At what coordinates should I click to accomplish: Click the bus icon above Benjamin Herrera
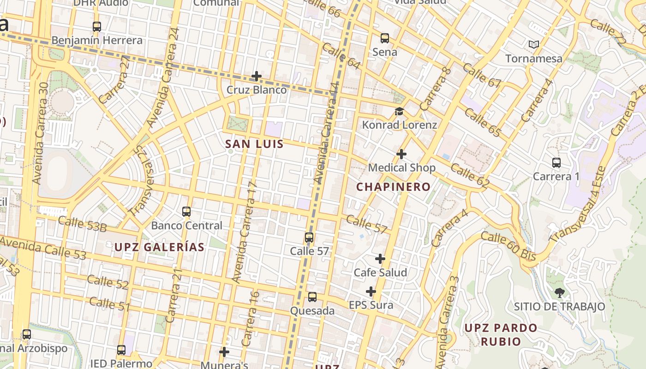coord(96,27)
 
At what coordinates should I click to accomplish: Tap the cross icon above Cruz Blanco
coord(257,76)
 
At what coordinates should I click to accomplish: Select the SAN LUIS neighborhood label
coord(254,144)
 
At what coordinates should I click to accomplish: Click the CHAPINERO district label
coord(394,187)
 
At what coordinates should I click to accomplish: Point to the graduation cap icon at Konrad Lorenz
coord(399,112)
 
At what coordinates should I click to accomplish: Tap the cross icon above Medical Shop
coord(401,154)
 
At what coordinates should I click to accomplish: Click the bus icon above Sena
coord(384,38)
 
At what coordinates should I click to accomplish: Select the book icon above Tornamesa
coord(534,45)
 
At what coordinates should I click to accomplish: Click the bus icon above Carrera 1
coord(556,163)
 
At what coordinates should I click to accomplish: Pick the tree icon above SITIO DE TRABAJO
coord(559,292)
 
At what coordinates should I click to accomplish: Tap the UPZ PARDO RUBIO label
coord(501,334)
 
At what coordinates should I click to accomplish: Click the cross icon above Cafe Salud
coord(380,259)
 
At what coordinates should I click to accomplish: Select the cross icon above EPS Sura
coord(371,292)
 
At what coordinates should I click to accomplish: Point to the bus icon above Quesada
coord(312,297)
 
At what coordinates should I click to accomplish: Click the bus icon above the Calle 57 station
coord(309,238)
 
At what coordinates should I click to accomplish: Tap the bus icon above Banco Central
coord(186,212)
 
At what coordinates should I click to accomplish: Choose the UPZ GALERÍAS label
coord(159,247)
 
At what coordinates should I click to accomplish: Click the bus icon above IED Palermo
coord(121,350)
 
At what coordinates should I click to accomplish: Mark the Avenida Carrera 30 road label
coord(41,134)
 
